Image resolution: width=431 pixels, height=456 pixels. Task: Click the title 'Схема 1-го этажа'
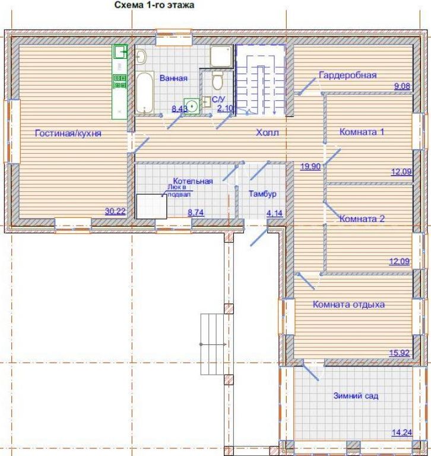pos(154,5)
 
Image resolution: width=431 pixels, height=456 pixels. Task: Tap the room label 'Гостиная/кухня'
pos(68,133)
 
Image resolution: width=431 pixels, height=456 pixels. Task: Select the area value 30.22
pos(115,211)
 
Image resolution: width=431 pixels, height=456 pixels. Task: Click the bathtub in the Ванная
pos(145,93)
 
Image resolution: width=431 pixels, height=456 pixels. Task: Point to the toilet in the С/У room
pos(217,80)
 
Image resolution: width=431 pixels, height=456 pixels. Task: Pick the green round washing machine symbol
pos(192,106)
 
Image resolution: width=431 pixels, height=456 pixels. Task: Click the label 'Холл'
pos(268,132)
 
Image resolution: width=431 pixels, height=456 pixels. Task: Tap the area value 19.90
pos(310,166)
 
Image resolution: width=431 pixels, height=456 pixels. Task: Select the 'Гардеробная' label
pos(348,75)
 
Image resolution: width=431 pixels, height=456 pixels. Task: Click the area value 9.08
pos(402,86)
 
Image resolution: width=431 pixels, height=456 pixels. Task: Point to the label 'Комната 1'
pos(362,132)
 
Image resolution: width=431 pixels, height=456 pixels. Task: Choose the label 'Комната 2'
pos(362,218)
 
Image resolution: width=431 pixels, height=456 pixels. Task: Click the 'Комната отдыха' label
pos(348,305)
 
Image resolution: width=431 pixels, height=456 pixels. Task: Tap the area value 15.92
pos(400,353)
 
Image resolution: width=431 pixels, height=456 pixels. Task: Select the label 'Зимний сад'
pos(356,395)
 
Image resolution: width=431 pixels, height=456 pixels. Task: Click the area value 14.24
pos(402,432)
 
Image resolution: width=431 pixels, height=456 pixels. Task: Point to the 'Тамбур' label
pos(262,194)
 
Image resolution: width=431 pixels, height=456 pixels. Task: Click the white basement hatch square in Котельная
pos(151,207)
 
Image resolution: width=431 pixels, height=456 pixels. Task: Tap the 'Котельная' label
pos(193,181)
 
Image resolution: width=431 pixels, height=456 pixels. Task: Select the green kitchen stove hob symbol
pos(120,81)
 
